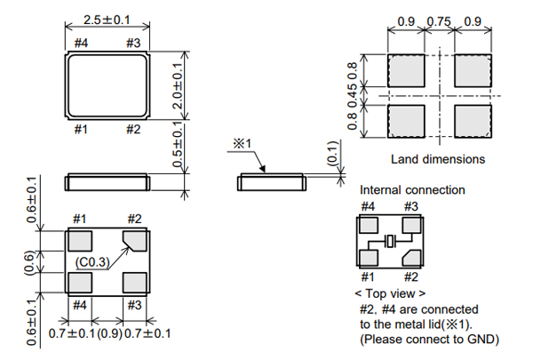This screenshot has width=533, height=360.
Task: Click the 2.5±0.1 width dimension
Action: click(x=107, y=18)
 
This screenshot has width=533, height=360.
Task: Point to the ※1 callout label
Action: click(x=244, y=144)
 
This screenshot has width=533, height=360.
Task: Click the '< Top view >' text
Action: click(x=389, y=292)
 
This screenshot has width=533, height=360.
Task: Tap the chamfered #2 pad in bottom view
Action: click(x=136, y=240)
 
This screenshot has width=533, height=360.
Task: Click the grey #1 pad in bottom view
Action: click(x=80, y=241)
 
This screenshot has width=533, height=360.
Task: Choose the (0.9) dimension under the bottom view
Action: click(x=108, y=334)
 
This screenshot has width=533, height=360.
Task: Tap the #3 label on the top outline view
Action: click(x=134, y=43)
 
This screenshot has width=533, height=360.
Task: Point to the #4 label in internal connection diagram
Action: click(x=366, y=206)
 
